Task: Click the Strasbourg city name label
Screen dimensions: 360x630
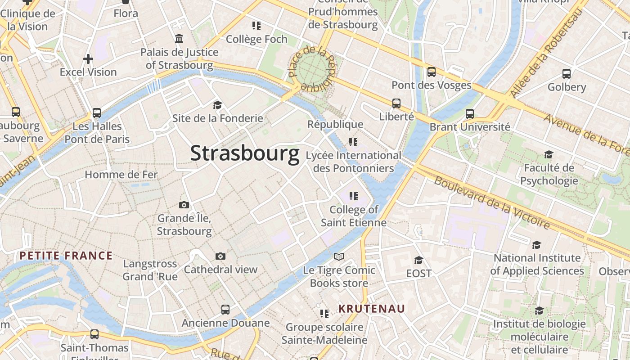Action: click(x=245, y=153)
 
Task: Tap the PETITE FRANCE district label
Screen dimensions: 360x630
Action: click(x=66, y=256)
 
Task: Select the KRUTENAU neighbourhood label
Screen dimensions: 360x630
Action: click(x=372, y=309)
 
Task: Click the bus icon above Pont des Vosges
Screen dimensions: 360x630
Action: click(x=431, y=72)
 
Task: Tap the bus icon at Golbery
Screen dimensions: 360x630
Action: click(x=566, y=73)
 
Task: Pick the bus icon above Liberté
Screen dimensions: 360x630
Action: click(x=396, y=103)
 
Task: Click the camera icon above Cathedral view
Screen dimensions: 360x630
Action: click(x=220, y=256)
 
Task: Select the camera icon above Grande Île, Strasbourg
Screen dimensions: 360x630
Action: click(x=184, y=205)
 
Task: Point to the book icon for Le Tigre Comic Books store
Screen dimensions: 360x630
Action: click(x=338, y=256)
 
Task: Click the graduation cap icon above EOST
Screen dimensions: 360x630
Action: click(x=418, y=260)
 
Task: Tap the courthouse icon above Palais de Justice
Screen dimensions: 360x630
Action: click(x=179, y=39)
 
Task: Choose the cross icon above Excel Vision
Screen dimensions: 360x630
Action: click(x=88, y=58)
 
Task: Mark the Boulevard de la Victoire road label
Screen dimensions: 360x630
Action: click(x=492, y=202)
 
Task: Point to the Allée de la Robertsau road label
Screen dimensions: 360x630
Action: click(x=546, y=52)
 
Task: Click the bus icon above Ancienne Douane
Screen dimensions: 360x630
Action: click(x=225, y=310)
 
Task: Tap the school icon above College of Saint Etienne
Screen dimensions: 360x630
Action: click(x=353, y=196)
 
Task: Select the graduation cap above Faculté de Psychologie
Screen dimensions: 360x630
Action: click(x=548, y=155)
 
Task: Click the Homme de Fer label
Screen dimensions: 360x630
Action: click(x=121, y=175)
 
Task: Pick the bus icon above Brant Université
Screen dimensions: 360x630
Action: click(x=470, y=113)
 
